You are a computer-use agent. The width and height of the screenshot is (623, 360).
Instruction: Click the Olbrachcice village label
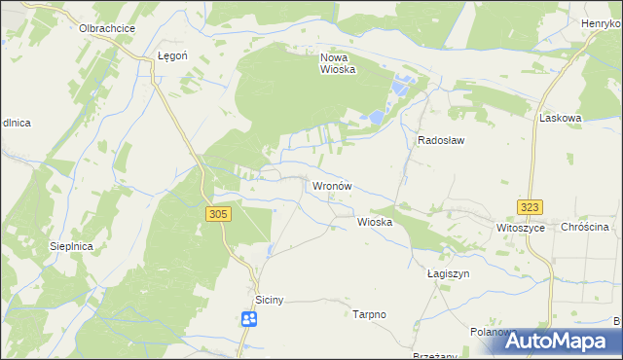click(107, 29)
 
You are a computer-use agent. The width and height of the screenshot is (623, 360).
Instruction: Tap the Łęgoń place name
click(172, 57)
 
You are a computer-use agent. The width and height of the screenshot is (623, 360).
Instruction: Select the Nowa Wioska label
click(338, 63)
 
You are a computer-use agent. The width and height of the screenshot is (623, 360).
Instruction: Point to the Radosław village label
click(441, 140)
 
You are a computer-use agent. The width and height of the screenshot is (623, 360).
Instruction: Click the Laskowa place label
click(560, 118)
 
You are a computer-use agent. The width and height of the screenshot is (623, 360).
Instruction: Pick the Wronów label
click(331, 185)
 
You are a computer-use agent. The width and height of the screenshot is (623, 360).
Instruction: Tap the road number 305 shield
click(218, 214)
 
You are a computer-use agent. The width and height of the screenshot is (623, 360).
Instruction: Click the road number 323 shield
click(530, 207)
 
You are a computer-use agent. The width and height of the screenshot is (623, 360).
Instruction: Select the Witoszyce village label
click(518, 228)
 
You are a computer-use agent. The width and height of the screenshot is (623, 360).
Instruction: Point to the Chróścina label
click(585, 228)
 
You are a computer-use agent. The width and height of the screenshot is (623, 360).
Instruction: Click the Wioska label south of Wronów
click(375, 222)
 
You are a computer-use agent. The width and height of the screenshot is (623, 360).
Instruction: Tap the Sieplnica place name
click(71, 247)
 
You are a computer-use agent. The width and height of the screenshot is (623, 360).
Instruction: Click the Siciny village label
click(269, 300)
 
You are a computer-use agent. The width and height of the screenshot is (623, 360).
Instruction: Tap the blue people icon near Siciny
click(249, 318)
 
